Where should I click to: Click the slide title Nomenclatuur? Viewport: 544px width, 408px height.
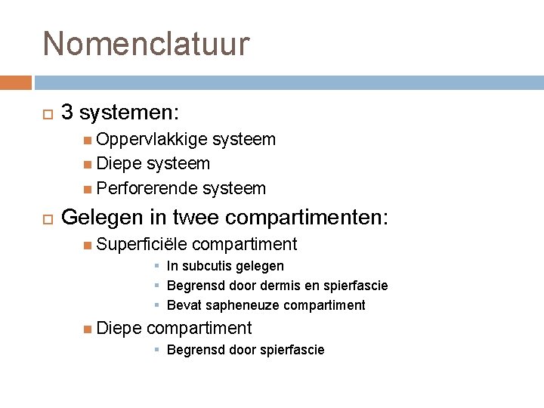146,44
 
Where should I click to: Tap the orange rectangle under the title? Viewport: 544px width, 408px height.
16,82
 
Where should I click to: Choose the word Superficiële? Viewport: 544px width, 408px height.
142,244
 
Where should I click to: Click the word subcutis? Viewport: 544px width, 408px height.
207,266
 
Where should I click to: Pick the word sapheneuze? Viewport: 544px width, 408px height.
232,305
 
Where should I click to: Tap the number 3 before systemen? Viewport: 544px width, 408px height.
66,113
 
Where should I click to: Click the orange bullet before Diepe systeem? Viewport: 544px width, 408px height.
89,164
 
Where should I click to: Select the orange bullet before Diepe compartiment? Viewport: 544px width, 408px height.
89,328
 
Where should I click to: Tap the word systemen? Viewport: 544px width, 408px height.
128,113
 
